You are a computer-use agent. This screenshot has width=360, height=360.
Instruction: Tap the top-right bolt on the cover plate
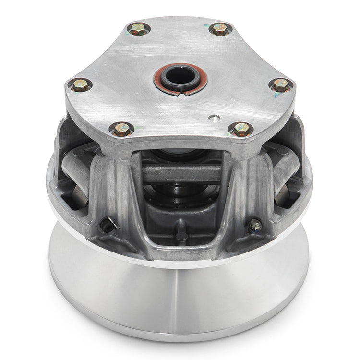[220, 29]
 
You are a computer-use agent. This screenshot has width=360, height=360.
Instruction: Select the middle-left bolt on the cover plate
[80, 85]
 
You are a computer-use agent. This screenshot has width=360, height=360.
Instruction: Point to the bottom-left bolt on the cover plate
[121, 129]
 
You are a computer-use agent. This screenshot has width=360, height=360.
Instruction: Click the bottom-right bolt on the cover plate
[241, 129]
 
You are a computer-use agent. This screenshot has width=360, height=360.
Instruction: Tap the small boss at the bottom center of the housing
[181, 235]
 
